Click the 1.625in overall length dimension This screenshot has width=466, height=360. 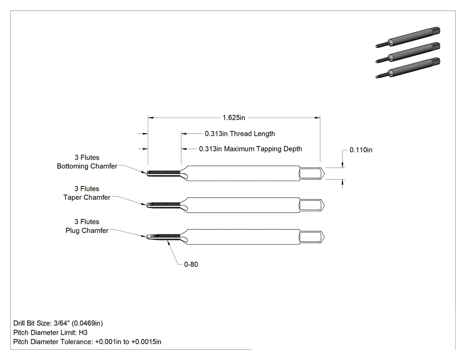[x=234, y=118]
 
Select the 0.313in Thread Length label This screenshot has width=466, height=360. [x=240, y=134]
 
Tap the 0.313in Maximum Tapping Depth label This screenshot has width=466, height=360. [x=251, y=149]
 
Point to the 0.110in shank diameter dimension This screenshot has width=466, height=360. [x=361, y=150]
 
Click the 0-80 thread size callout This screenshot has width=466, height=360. [x=191, y=264]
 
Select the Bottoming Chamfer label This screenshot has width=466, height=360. [x=87, y=166]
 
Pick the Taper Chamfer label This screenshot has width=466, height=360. [x=87, y=198]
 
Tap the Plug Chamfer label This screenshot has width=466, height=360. [x=87, y=230]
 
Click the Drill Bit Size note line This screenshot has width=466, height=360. [x=58, y=323]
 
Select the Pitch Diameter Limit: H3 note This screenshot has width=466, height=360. [x=51, y=332]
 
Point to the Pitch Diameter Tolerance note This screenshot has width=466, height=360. [x=87, y=342]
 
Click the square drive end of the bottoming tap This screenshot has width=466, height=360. [x=312, y=173]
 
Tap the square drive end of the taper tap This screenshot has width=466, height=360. [x=312, y=206]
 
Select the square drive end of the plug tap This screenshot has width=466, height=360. [x=312, y=237]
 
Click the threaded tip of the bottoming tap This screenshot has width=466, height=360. [x=164, y=173]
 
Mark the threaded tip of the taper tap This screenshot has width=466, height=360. [x=164, y=205]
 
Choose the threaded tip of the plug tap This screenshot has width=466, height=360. [x=164, y=236]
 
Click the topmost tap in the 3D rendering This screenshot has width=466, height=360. [x=408, y=37]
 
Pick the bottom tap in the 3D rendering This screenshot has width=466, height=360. [x=408, y=68]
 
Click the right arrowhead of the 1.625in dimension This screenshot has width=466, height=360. [x=318, y=118]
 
